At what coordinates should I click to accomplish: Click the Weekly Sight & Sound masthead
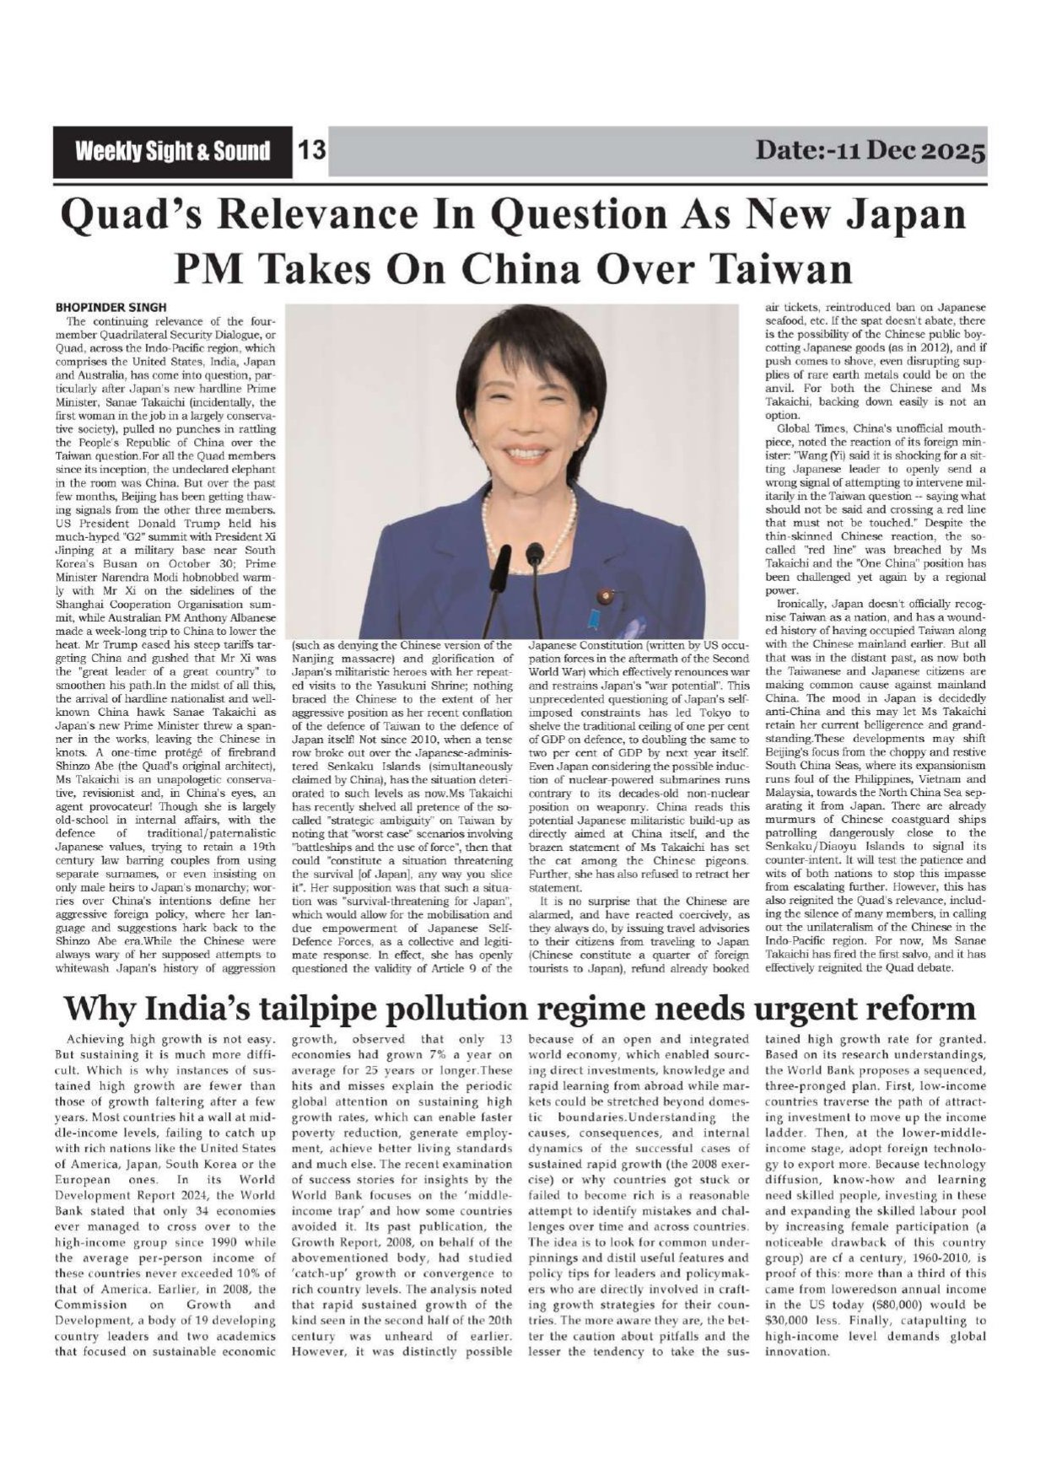coord(172,152)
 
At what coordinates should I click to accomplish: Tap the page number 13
coord(311,152)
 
